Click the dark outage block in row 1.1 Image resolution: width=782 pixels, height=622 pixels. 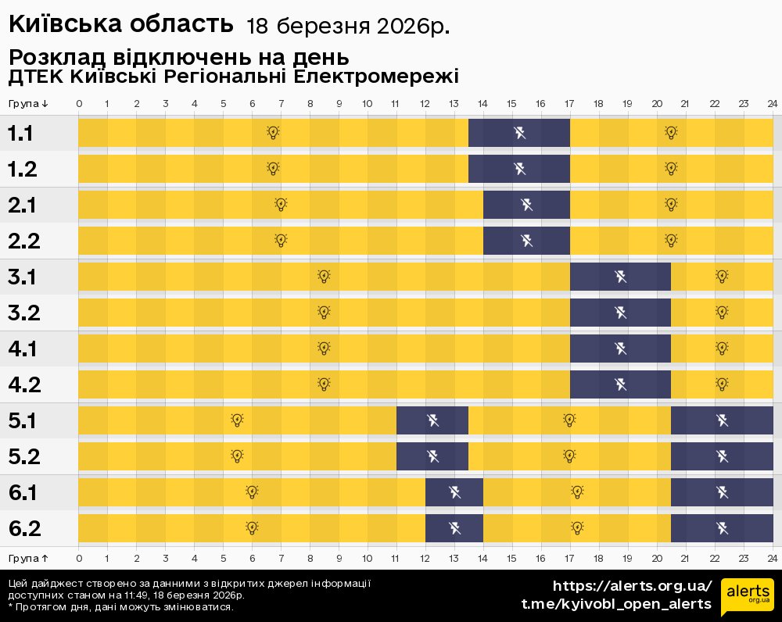[x=519, y=133]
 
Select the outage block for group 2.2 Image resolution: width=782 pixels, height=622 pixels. [x=526, y=240]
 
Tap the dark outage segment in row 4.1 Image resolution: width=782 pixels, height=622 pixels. [x=620, y=349]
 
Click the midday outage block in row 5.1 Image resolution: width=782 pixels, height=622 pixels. [x=432, y=420]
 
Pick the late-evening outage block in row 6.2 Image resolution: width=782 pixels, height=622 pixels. [x=722, y=528]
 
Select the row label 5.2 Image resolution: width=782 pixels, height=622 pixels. [x=23, y=457]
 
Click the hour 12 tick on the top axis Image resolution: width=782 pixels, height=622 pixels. [x=425, y=104]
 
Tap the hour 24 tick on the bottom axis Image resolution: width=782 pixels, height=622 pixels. [x=772, y=558]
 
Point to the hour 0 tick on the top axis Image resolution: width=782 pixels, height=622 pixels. [x=79, y=104]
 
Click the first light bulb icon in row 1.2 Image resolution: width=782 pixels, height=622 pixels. [x=273, y=168]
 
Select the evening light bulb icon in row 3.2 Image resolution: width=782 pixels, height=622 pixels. [x=722, y=313]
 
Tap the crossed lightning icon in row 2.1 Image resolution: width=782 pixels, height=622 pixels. [x=527, y=205]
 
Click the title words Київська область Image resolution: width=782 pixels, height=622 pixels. [x=121, y=25]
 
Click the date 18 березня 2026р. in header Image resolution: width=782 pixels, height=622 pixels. [x=348, y=27]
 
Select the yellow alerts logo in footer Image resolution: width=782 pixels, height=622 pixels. [x=748, y=597]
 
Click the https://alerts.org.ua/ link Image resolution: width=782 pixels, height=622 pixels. [x=633, y=586]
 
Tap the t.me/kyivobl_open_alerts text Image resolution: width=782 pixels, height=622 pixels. [x=616, y=604]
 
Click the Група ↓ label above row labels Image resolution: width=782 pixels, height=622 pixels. [x=28, y=104]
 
